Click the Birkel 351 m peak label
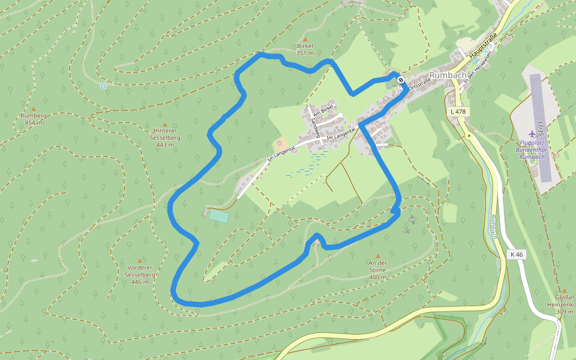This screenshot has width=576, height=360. click(x=305, y=49)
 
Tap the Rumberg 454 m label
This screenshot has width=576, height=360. click(x=34, y=119)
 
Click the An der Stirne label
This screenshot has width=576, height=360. click(x=378, y=269)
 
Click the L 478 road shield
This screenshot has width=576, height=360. click(x=458, y=112)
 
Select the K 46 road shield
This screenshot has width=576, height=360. click(x=516, y=254)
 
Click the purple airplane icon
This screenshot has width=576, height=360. click(x=532, y=133)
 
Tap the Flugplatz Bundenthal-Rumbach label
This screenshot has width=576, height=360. click(x=533, y=149)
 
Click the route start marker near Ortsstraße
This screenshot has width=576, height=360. click(x=400, y=80)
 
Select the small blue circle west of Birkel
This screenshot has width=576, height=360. click(x=103, y=86)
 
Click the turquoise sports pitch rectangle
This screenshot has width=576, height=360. click(x=218, y=215)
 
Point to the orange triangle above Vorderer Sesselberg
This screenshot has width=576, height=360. click(x=140, y=261)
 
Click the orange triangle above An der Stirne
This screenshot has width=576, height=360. click(x=378, y=256)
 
